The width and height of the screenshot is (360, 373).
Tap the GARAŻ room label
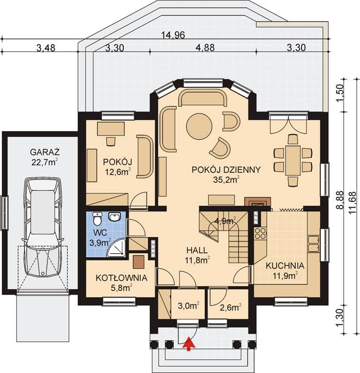45,152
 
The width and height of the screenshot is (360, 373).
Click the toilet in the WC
97,218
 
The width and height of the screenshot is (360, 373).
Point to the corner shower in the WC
117,248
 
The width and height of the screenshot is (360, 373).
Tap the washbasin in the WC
115,216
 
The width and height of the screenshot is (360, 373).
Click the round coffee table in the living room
199,126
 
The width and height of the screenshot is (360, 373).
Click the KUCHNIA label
285,266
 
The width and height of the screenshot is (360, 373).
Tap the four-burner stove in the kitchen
260,233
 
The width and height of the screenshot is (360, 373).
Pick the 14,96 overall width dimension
173,35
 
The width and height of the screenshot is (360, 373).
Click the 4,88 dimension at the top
205,47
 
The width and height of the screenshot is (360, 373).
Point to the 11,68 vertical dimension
353,202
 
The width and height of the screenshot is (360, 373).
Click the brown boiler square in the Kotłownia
138,262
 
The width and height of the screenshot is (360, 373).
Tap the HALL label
197,250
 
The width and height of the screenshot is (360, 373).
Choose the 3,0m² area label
188,306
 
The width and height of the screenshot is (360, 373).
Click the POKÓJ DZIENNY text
226,170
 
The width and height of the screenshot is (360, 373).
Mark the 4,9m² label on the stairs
225,221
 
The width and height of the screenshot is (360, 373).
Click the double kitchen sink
314,244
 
